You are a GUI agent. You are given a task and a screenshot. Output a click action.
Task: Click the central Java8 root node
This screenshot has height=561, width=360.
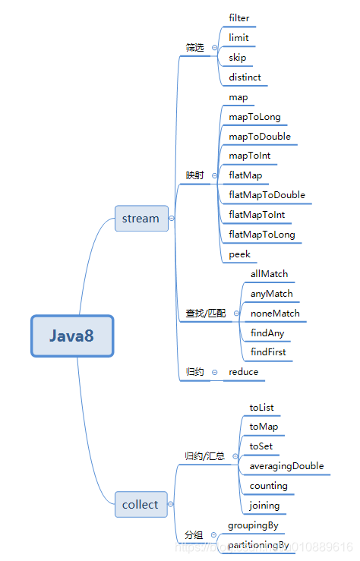click(x=72, y=336)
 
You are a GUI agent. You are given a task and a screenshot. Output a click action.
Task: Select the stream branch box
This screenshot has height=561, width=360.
click(x=141, y=219)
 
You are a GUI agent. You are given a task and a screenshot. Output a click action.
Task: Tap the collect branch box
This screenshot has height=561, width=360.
click(x=141, y=505)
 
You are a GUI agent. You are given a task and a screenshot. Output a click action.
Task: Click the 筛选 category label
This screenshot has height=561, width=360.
click(x=195, y=48)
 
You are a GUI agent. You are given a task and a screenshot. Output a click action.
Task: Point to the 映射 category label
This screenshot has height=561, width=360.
click(x=195, y=175)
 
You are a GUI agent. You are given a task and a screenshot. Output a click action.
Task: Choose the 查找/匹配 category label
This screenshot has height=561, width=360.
click(x=206, y=314)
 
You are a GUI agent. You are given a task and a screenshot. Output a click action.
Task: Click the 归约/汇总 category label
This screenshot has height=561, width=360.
click(x=205, y=456)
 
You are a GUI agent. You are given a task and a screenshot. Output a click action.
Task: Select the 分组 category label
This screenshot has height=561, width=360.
click(x=194, y=535)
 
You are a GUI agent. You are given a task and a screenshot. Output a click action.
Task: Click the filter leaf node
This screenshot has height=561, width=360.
click(x=239, y=17)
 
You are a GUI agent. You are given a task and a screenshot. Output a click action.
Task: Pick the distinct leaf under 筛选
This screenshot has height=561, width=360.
click(x=245, y=77)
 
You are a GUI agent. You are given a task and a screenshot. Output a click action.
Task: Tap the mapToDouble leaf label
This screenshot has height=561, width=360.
click(x=260, y=137)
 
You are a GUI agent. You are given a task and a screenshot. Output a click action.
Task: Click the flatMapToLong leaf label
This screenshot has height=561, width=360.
click(x=262, y=235)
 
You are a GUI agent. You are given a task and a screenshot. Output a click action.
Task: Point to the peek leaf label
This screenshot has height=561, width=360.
click(x=239, y=255)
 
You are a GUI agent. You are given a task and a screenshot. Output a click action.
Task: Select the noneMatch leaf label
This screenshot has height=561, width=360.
click(x=275, y=314)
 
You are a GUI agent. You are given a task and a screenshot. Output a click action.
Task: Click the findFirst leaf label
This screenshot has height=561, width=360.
click(x=268, y=353)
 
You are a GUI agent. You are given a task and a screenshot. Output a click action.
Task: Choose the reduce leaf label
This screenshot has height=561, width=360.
click(x=244, y=372)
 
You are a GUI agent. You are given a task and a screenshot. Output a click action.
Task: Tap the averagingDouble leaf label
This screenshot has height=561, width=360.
click(x=286, y=466)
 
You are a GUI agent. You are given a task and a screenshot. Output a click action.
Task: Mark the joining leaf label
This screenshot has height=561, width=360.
click(x=264, y=506)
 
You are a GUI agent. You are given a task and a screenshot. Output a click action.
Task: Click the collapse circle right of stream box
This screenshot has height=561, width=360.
click(x=172, y=219)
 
